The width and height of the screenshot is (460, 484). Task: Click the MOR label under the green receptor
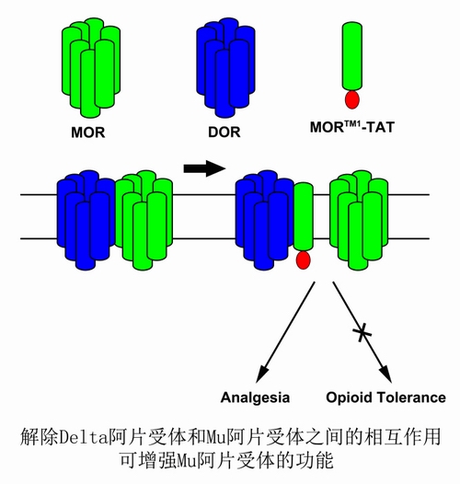[x=88, y=133]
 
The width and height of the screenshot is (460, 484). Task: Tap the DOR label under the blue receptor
[x=224, y=133]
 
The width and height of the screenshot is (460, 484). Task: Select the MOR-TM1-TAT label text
[x=352, y=127]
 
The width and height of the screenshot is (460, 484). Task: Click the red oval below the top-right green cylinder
[x=352, y=99]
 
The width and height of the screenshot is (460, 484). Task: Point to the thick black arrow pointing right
[x=204, y=168]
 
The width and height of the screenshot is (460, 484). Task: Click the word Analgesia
[x=255, y=398]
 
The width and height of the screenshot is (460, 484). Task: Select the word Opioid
[x=349, y=398]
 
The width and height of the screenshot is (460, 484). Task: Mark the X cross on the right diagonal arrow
[x=362, y=333]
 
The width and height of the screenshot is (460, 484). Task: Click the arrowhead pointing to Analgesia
[x=262, y=374]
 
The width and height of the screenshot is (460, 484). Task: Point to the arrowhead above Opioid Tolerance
[x=385, y=374]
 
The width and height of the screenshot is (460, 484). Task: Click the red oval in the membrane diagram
[x=303, y=259]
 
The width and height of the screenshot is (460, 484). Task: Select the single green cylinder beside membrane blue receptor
[x=304, y=216]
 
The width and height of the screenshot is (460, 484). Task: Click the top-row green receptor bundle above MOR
[x=91, y=67]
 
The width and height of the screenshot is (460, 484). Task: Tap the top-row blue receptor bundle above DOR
[x=225, y=67]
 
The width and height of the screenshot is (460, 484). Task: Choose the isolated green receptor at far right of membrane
[x=359, y=220]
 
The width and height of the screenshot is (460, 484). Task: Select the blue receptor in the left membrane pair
[x=86, y=220]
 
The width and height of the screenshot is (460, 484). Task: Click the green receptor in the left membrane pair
[x=144, y=220]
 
